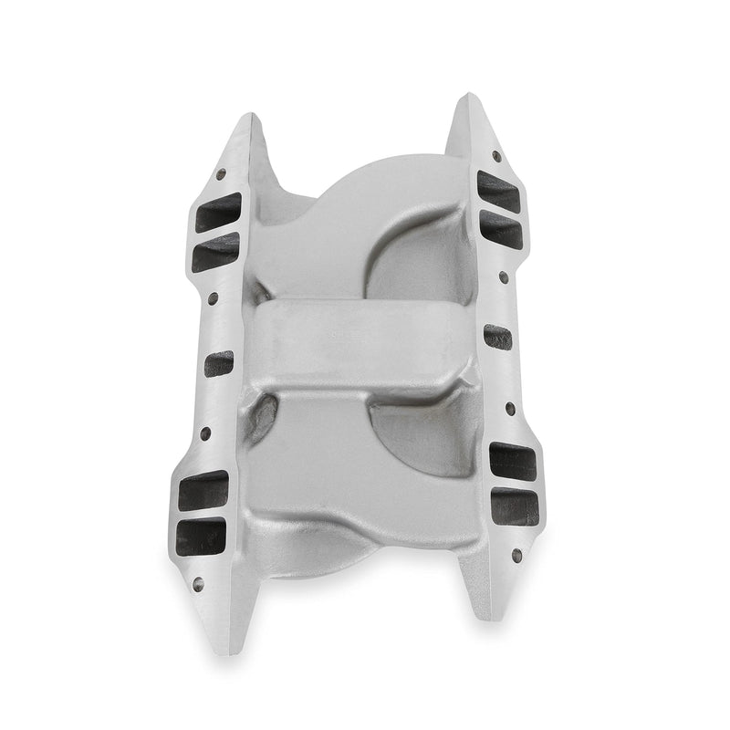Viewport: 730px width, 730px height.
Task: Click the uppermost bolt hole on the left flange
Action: [219, 173]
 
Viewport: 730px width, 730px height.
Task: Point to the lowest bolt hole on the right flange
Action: [516, 554]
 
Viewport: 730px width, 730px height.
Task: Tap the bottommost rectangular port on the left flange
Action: [201, 537]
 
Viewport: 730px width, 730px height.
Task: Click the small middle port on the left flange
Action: [218, 364]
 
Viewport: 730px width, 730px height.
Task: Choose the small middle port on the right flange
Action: [498, 338]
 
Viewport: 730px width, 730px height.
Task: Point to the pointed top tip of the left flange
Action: [245, 116]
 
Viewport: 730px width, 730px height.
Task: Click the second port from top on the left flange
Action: [216, 252]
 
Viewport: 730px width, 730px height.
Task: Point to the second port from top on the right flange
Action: [500, 232]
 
